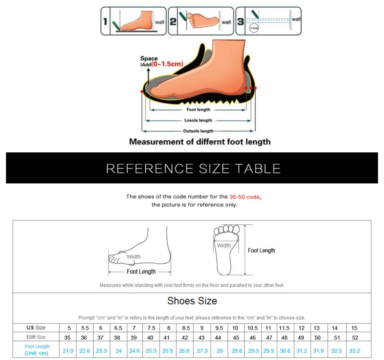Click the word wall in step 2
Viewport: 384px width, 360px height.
[226, 22]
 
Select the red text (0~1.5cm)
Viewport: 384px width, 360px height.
[167, 64]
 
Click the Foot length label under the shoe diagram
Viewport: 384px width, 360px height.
[198, 110]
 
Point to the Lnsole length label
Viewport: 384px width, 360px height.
[198, 120]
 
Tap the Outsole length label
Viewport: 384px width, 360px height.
[198, 131]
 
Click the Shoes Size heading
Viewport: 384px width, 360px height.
[192, 301]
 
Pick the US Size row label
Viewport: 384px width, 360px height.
[36, 328]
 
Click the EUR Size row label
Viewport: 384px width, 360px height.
[36, 337]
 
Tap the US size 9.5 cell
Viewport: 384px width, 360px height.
[219, 328]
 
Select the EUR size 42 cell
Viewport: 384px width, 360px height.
[185, 338]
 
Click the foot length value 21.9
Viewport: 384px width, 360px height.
[68, 351]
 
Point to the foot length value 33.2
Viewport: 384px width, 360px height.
[354, 351]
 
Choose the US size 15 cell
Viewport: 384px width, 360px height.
[354, 328]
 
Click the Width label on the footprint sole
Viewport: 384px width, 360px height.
[224, 245]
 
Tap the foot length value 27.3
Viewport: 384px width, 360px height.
[202, 351]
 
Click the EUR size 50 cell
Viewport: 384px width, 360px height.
[318, 338]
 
